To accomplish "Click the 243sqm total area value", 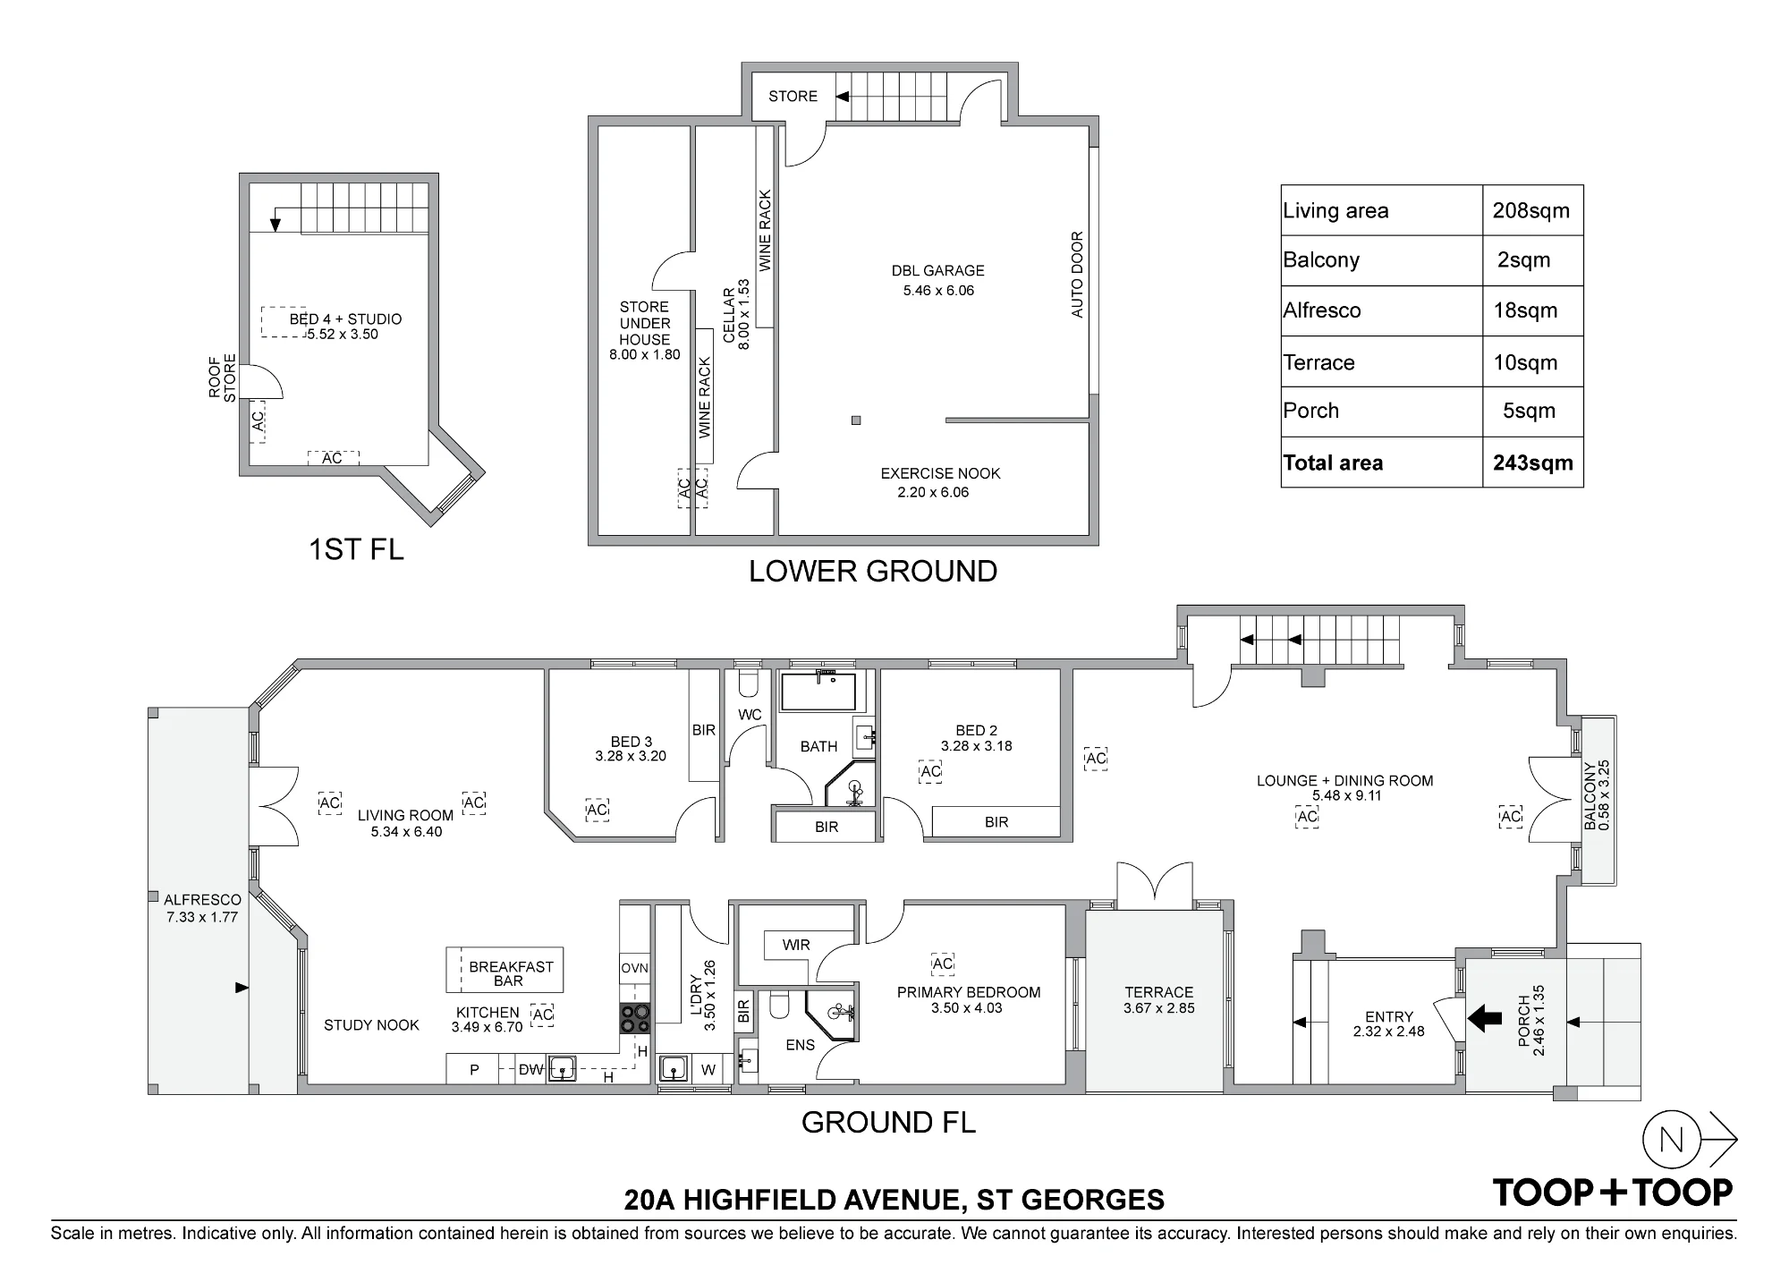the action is click(1532, 463).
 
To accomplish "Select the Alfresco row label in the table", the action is click(1321, 310).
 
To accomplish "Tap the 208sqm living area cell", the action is click(1530, 210).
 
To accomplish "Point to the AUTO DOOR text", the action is click(1077, 274).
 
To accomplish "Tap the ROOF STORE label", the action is click(223, 378).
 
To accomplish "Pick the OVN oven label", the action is click(634, 968).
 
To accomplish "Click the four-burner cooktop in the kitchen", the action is click(635, 1019).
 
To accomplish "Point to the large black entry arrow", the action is click(1484, 1018).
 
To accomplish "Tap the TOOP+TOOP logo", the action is click(1613, 1192).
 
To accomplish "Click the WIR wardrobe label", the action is click(796, 945).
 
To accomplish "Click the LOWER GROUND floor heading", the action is click(873, 572).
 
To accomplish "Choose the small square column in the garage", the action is click(856, 420).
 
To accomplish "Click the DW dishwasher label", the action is click(531, 1070).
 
